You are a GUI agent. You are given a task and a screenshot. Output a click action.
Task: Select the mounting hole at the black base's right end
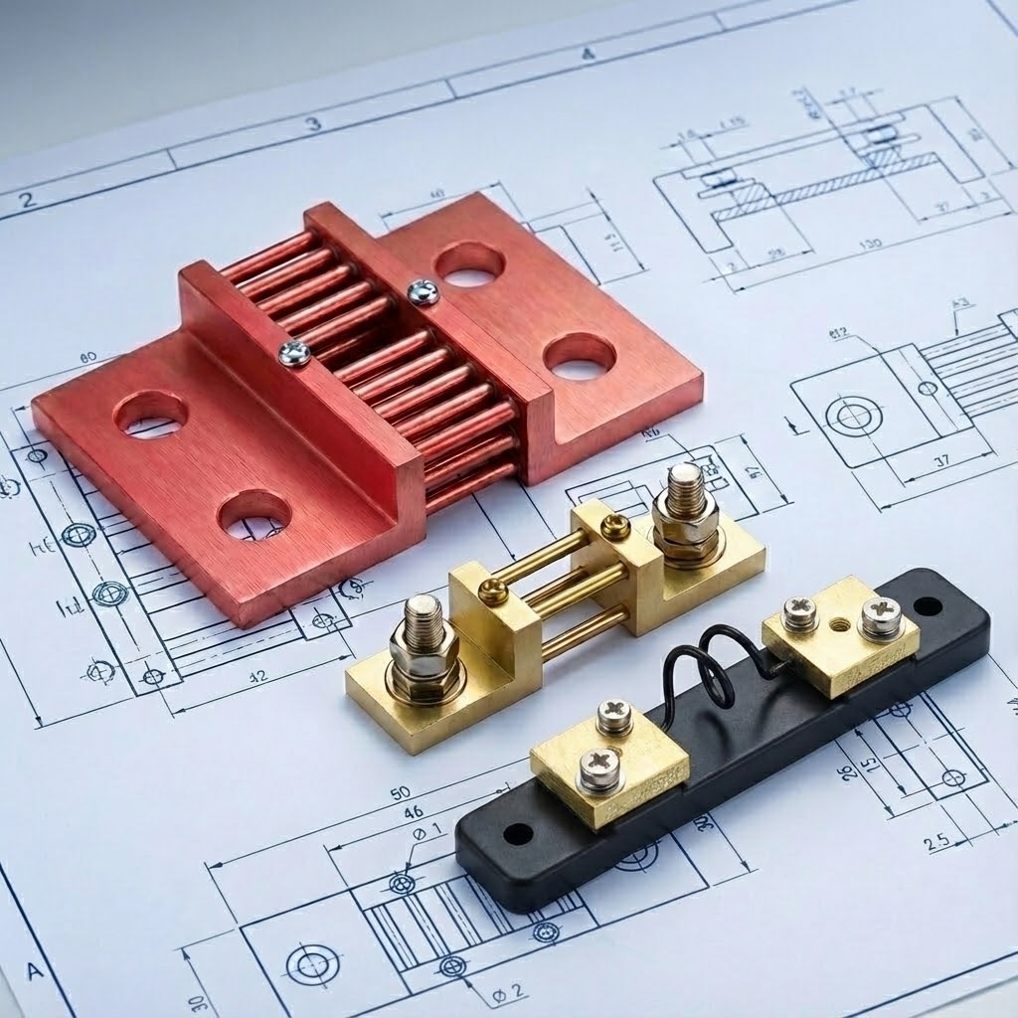pyautogui.click(x=929, y=604)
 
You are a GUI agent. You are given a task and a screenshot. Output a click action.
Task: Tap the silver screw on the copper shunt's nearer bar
pyautogui.click(x=294, y=352)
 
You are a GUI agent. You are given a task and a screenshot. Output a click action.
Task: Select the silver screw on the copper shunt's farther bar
pyautogui.click(x=424, y=291)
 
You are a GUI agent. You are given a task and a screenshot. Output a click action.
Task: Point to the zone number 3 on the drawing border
pyautogui.click(x=313, y=124)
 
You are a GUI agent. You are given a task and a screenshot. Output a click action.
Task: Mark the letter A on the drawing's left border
pyautogui.click(x=36, y=970)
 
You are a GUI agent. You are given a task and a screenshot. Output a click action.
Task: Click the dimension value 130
pyautogui.click(x=870, y=245)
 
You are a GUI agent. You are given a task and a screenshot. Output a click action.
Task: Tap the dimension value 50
pyautogui.click(x=401, y=792)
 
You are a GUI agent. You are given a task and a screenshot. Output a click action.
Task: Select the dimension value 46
pyautogui.click(x=412, y=813)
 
